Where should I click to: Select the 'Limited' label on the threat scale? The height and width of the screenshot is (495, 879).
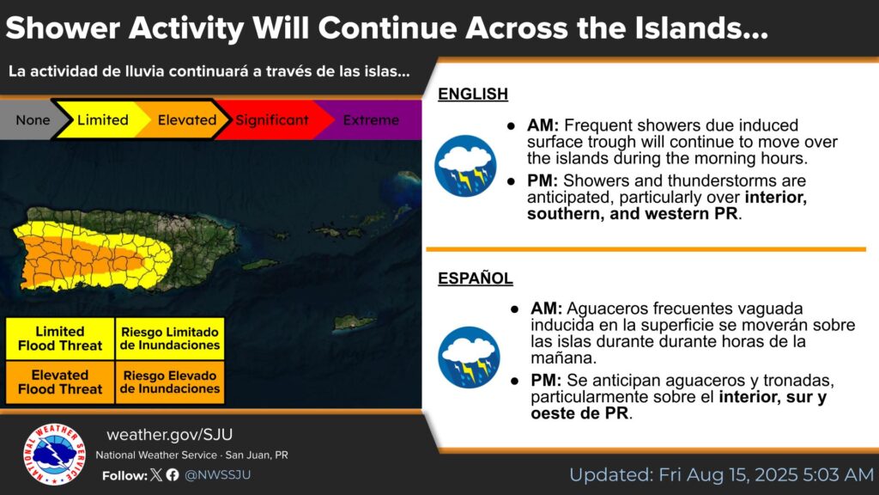pyautogui.click(x=103, y=119)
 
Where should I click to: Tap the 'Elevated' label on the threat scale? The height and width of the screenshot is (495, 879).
pyautogui.click(x=186, y=119)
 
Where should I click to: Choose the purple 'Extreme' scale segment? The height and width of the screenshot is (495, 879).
pyautogui.click(x=371, y=119)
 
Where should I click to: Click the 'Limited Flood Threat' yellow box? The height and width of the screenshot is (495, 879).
pyautogui.click(x=60, y=339)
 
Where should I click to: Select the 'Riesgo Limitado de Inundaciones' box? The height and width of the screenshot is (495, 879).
pyautogui.click(x=170, y=339)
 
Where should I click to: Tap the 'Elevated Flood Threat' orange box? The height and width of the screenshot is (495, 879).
pyautogui.click(x=60, y=382)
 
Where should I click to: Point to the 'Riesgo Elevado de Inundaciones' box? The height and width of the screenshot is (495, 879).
pyautogui.click(x=170, y=382)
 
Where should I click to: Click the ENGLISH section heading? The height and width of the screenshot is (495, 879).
pyautogui.click(x=473, y=94)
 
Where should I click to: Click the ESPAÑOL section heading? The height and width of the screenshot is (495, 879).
pyautogui.click(x=476, y=278)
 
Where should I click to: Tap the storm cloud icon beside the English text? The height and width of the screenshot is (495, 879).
pyautogui.click(x=465, y=166)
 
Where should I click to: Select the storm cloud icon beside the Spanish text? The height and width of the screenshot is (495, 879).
pyautogui.click(x=469, y=357)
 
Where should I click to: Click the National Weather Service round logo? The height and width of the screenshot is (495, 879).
pyautogui.click(x=54, y=454)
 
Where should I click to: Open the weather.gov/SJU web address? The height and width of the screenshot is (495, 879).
pyautogui.click(x=169, y=434)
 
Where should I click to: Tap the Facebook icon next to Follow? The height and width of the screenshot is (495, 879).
pyautogui.click(x=173, y=474)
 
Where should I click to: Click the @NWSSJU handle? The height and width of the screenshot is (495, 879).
pyautogui.click(x=217, y=474)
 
